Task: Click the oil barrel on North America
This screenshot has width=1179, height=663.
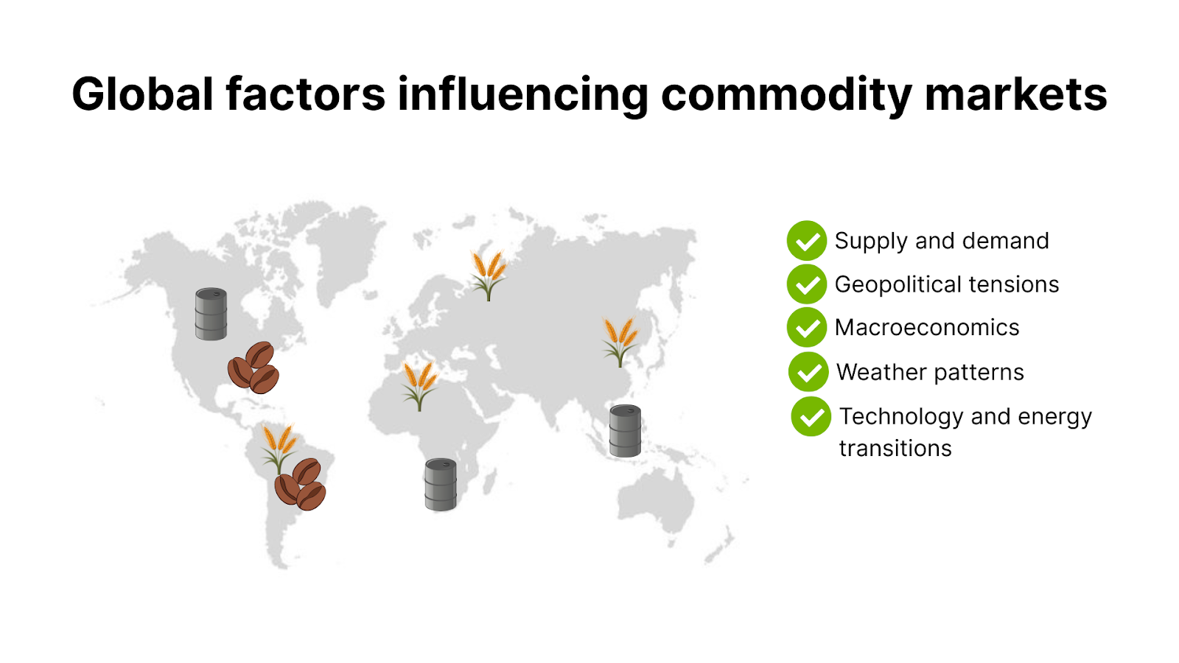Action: tap(211, 314)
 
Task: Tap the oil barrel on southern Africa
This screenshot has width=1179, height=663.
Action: tap(441, 485)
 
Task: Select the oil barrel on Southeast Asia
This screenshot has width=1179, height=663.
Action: tap(625, 431)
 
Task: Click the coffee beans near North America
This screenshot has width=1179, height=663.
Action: tap(253, 368)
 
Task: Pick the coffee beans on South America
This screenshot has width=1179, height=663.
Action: tap(301, 484)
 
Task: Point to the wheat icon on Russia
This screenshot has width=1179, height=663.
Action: tap(489, 275)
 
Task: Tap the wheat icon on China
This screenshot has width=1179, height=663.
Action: tap(620, 341)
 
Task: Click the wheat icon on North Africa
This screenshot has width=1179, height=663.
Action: tap(419, 385)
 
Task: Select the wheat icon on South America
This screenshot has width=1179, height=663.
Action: tap(279, 446)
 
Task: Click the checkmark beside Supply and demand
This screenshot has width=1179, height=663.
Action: tap(807, 241)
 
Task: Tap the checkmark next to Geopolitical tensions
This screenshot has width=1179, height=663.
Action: tap(807, 284)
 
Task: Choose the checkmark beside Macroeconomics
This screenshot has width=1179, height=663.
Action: tap(807, 328)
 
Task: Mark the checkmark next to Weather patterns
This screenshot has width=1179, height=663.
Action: tap(808, 372)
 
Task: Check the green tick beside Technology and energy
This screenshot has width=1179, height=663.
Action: tap(811, 416)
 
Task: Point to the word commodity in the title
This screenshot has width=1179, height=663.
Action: tap(786, 96)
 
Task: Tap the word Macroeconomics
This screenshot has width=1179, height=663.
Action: tap(927, 328)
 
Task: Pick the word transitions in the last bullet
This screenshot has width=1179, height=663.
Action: tap(895, 448)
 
